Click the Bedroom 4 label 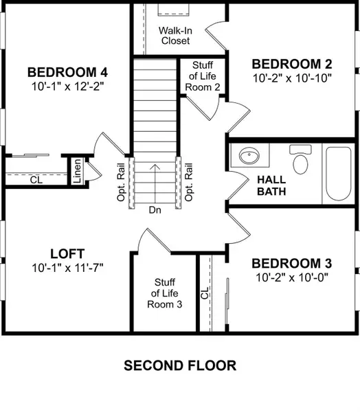point(67,72)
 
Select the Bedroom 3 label point(291,264)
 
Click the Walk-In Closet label point(175,36)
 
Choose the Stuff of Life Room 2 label point(203,76)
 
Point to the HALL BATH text point(271,185)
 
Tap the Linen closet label point(78,172)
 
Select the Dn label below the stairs point(156,211)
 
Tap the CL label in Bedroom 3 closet point(205,294)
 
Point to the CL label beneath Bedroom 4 point(36,180)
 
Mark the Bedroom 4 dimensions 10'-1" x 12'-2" point(67,87)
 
